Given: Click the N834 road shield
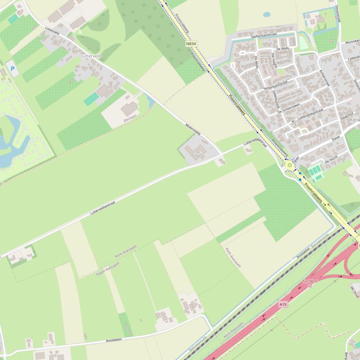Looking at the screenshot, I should tap(191, 43).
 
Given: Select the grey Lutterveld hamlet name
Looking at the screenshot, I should tap(91, 56).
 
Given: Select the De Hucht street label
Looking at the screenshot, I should tap(331, 160).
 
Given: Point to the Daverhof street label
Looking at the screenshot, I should tap(347, 116).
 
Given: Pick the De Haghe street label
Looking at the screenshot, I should tap(275, 61).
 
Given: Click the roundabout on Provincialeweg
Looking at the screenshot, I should tap(290, 165).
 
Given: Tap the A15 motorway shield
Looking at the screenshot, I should tap(283, 304).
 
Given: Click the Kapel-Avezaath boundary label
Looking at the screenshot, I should tap(108, 268).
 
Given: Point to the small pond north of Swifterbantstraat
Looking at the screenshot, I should tap(267, 14).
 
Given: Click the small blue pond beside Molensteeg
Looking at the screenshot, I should tap(150, 100).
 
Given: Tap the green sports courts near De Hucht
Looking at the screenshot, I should tap(316, 171).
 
